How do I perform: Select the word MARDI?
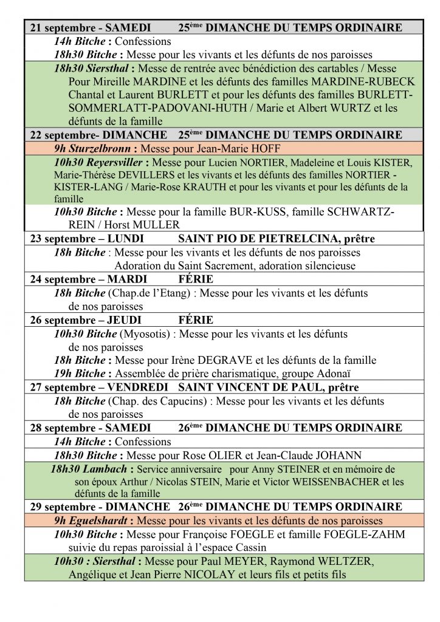click(127, 279)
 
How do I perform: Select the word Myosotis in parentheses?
click(145, 333)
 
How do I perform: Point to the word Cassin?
click(249, 547)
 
